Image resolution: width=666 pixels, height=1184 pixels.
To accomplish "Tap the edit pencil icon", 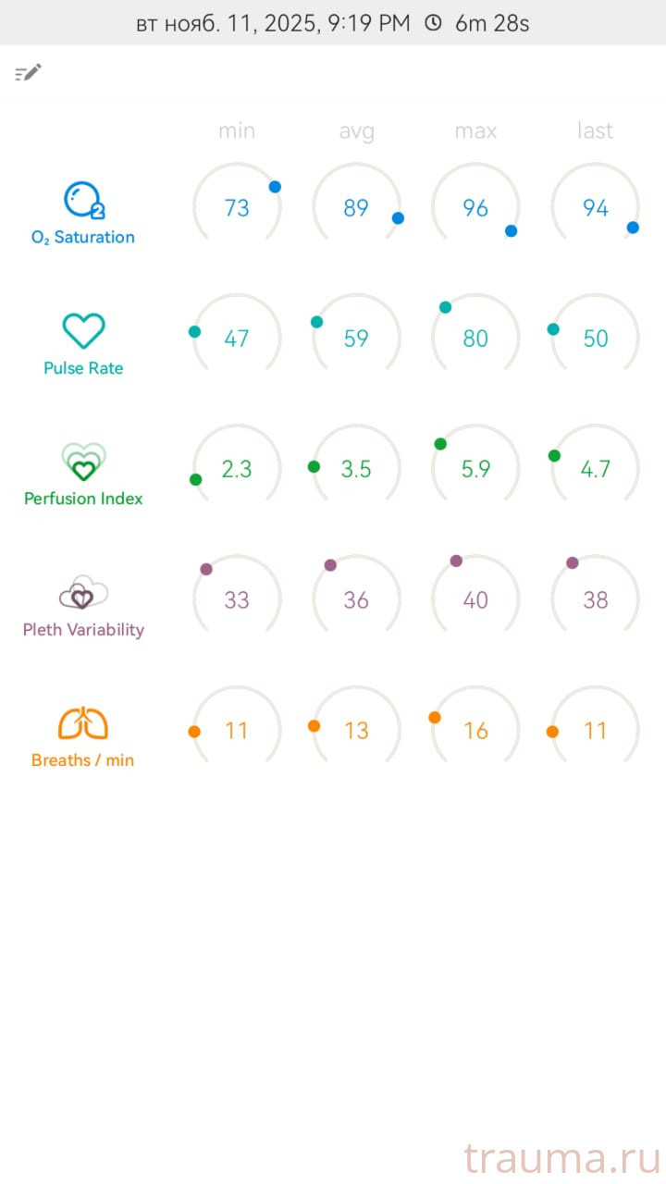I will (x=29, y=73).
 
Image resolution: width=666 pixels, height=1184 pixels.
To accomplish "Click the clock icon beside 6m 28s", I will (x=433, y=23).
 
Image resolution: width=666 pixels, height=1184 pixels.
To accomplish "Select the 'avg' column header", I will (x=356, y=131).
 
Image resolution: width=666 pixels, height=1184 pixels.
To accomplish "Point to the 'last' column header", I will (x=595, y=131).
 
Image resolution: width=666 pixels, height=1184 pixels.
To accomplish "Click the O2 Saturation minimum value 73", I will (x=237, y=208).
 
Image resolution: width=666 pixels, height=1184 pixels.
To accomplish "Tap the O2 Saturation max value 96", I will (x=475, y=208).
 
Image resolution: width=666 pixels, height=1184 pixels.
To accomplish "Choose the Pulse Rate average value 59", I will (x=356, y=339).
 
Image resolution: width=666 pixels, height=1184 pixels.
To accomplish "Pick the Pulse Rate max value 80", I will (x=475, y=339).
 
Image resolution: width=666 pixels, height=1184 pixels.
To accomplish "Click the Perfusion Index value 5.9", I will (x=475, y=469).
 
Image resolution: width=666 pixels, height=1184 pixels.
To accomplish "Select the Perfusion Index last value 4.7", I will (x=595, y=469).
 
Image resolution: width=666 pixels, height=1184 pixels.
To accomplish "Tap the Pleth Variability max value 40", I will (x=475, y=600).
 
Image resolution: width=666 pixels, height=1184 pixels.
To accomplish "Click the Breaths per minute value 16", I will (x=475, y=731).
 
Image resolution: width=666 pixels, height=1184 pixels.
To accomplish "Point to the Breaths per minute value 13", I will (x=356, y=731).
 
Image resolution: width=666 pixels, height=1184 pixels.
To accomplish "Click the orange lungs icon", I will (x=83, y=723).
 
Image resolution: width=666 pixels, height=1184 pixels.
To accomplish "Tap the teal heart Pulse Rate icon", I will (x=83, y=330).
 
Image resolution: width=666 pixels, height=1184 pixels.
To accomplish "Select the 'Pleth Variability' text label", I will (x=83, y=630).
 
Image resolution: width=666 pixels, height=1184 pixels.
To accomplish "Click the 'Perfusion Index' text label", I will (x=83, y=499).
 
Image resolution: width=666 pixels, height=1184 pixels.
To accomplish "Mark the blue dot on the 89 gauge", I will (x=398, y=218).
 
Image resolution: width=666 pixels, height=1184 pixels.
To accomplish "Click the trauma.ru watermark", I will (x=561, y=1158).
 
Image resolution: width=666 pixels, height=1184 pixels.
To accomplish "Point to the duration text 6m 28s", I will (x=492, y=23).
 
